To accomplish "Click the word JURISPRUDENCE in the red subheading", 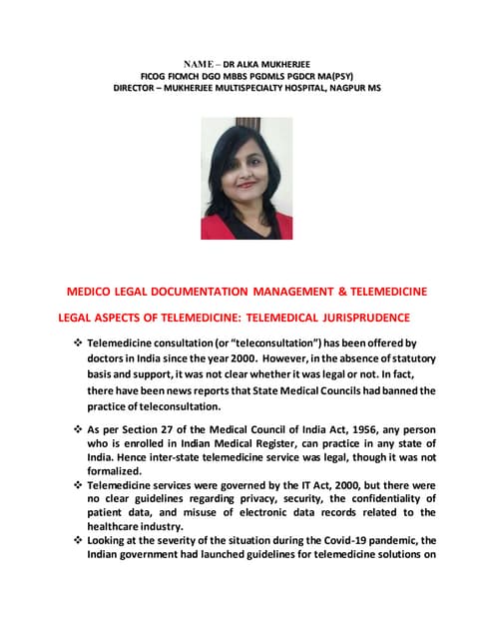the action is tap(356, 319).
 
